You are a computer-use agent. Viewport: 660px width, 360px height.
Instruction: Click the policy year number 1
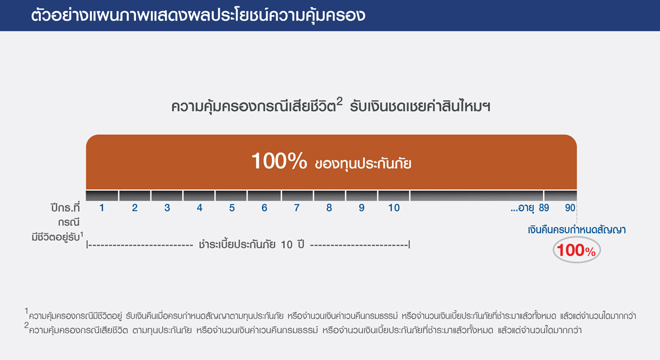[102, 208]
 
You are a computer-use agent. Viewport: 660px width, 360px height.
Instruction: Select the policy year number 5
[232, 208]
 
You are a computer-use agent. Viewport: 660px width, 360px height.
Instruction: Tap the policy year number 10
[394, 208]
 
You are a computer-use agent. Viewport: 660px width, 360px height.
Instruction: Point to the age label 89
[544, 208]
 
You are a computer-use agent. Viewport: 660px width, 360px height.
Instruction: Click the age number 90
[570, 208]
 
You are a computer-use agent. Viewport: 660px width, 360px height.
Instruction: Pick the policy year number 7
[297, 208]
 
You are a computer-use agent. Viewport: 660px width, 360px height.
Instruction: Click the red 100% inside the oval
[576, 250]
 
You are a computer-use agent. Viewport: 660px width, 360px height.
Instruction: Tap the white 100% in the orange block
[279, 161]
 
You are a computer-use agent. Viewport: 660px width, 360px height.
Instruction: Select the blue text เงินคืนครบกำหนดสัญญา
[577, 230]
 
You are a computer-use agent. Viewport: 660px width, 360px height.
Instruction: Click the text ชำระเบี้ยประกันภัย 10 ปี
[251, 244]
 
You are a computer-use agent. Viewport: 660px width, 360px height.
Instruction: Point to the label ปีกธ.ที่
[65, 208]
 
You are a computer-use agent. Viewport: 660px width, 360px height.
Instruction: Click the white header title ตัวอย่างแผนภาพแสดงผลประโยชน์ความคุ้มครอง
[198, 16]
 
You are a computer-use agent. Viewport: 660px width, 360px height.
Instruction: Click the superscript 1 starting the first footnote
[26, 311]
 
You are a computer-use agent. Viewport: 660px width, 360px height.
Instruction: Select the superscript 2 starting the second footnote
[26, 325]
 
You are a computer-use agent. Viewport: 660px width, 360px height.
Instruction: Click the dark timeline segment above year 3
[167, 196]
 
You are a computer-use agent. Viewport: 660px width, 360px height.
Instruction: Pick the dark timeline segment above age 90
[560, 196]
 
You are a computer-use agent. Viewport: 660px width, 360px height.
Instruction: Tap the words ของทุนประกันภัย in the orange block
[363, 164]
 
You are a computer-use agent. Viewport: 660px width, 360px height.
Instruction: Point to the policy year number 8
[329, 208]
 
